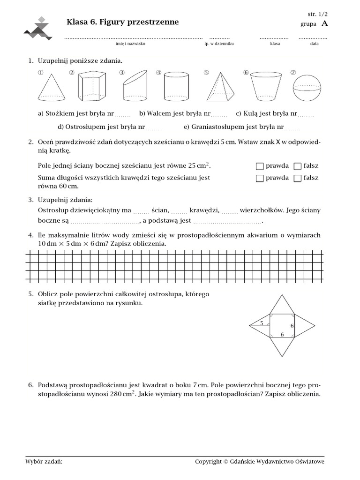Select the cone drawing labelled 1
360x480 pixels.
point(51,88)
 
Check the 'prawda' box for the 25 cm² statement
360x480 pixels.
point(260,166)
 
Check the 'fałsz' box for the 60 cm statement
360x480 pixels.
point(297,178)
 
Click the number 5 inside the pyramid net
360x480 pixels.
point(262,322)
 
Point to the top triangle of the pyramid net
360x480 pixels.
point(282,305)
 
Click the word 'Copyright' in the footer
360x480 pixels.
point(208,462)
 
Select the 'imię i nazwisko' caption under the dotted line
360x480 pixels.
point(130,43)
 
